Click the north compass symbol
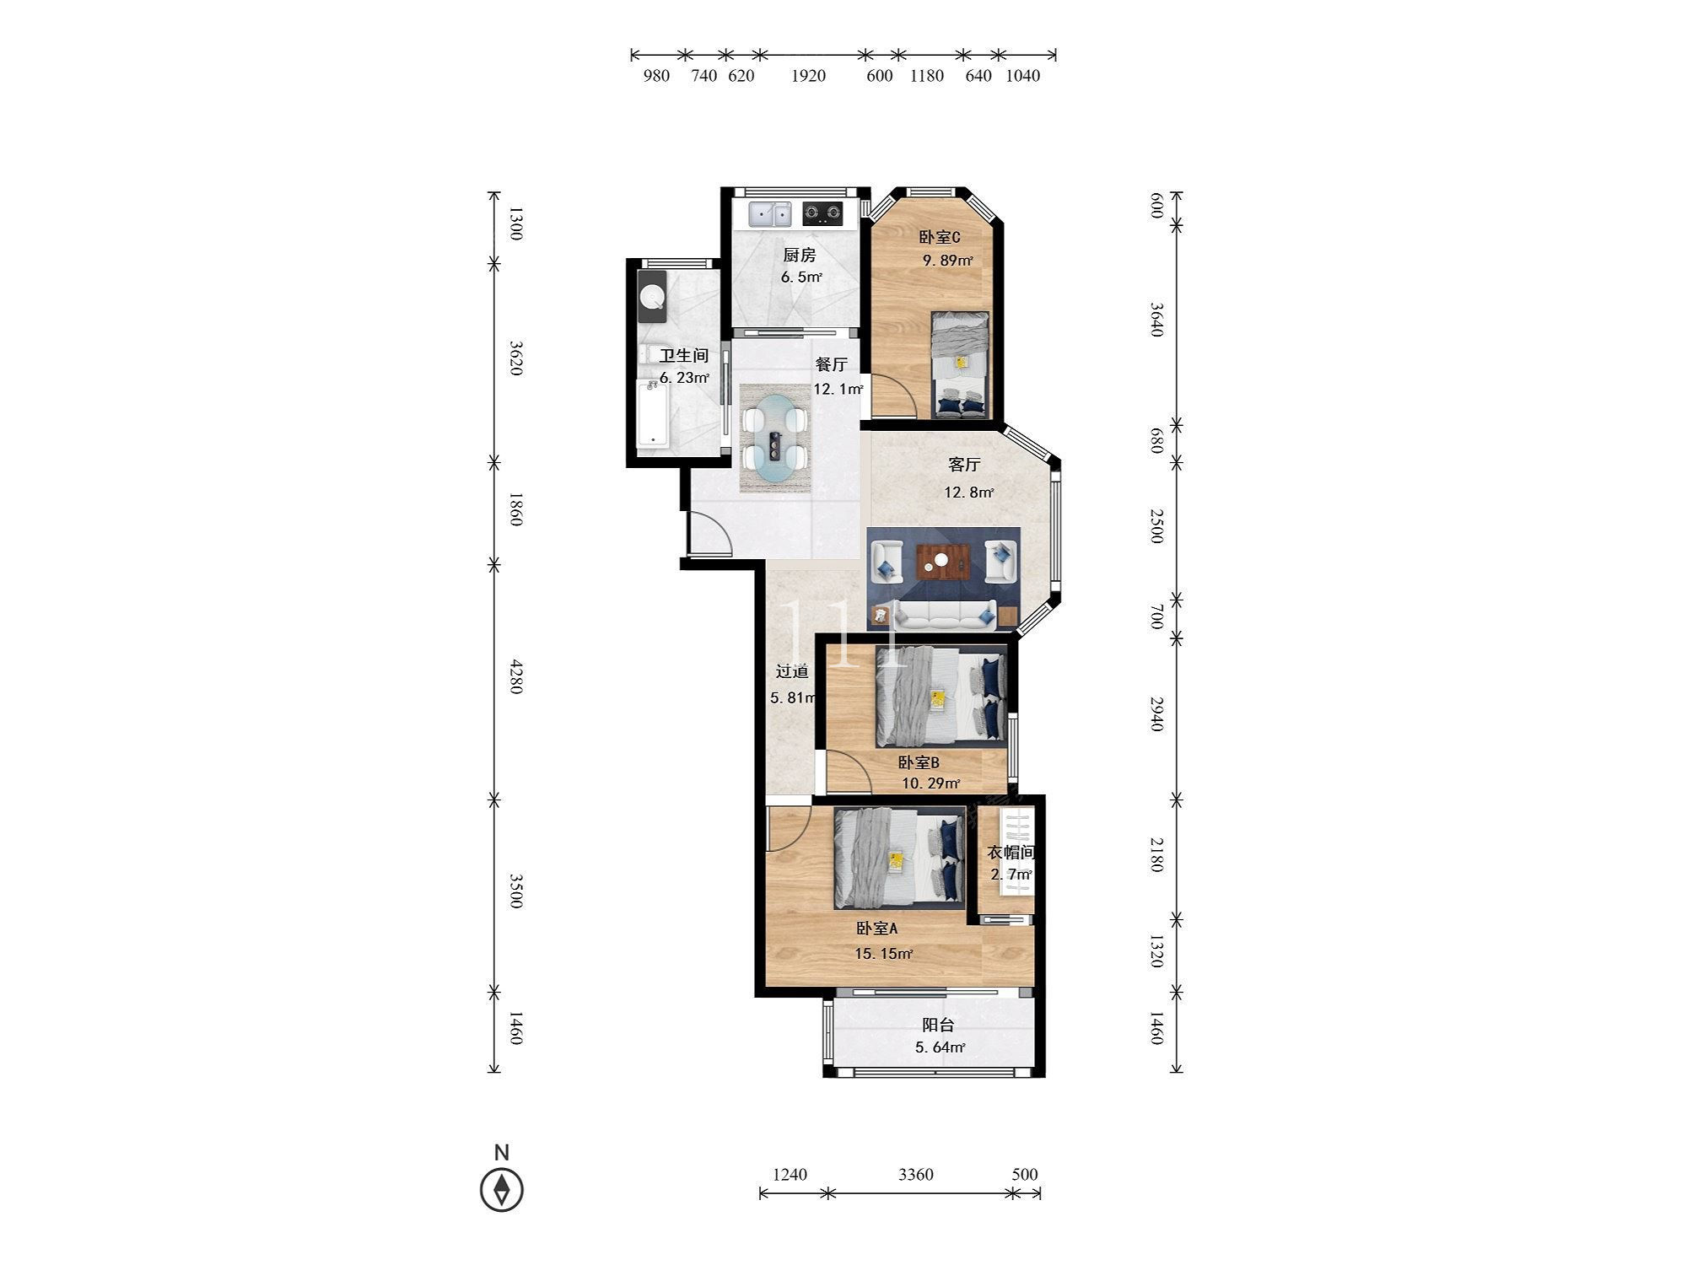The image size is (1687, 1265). pos(502,1190)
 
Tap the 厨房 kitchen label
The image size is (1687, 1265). pos(800,255)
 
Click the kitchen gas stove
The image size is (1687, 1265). pos(822,214)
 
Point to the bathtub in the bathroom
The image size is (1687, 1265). pos(653,412)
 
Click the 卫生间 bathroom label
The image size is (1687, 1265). pos(683,356)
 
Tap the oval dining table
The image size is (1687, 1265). pos(775,439)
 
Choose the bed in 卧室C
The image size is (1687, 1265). pos(960,364)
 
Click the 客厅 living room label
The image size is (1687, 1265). pos(964,465)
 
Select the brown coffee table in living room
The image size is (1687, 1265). pos(939,562)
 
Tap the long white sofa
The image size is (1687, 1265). pos(945,616)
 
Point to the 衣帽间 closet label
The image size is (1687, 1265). pos(1011,853)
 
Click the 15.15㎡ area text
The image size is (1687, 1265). pos(884,954)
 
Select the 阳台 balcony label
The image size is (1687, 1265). pos(938,1025)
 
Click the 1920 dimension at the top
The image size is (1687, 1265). pos(808,76)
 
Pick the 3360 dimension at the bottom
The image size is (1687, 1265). pos(916,1175)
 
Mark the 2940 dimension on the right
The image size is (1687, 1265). pos(1156,713)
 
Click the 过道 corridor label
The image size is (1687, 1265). pos(792,672)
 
